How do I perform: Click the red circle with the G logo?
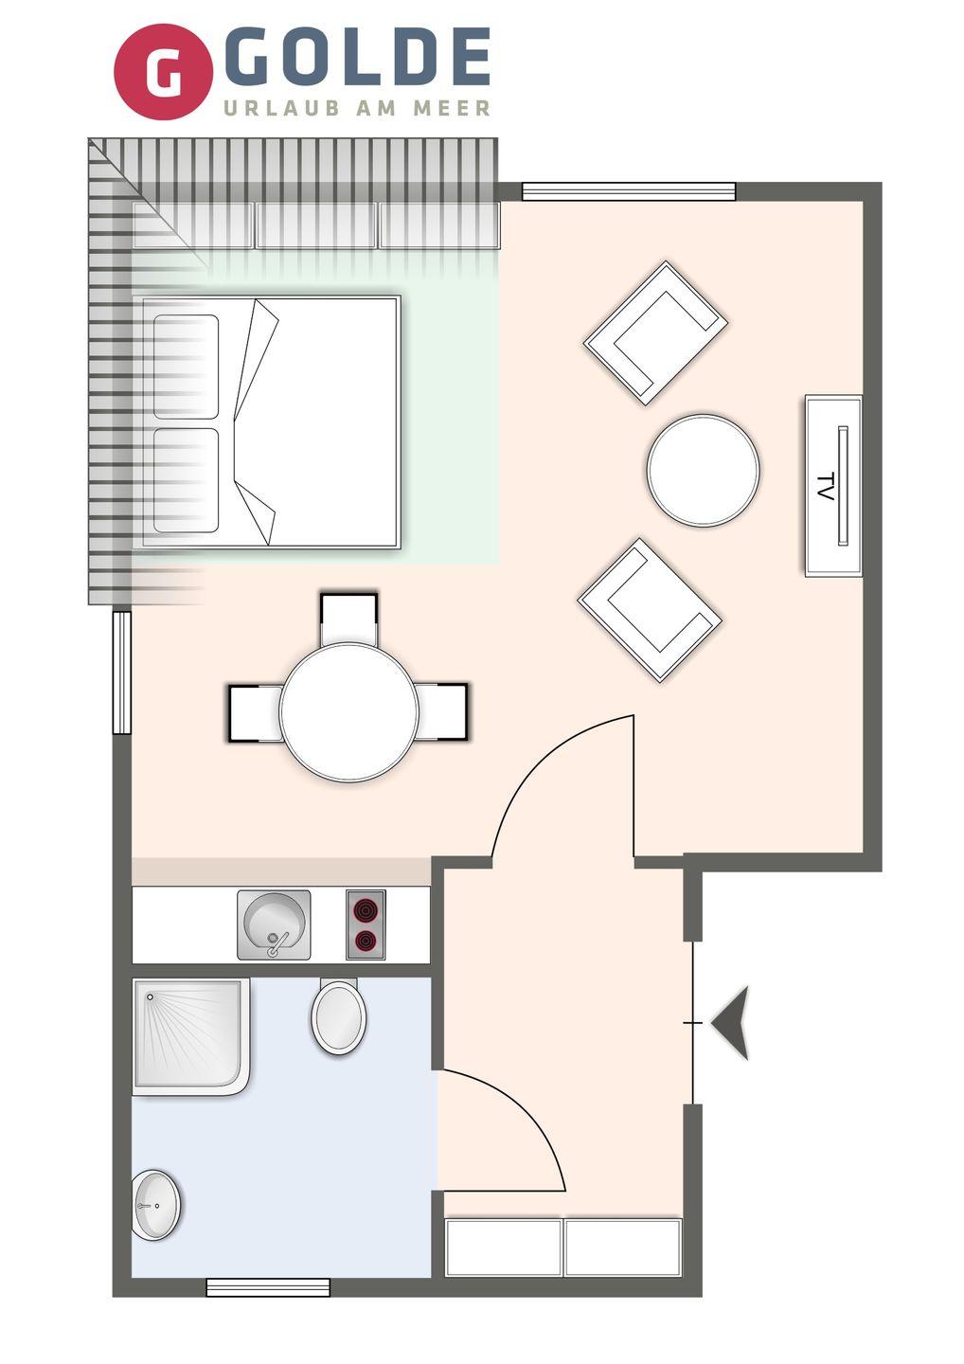163,72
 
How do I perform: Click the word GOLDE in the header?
356,57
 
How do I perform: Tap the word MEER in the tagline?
452,108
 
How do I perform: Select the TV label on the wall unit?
825,487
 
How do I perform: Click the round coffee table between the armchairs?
703,470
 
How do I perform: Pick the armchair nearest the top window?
655,333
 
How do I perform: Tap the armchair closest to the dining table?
650,610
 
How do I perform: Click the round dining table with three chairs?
349,712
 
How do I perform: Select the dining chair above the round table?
348,619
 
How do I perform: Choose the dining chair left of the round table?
256,713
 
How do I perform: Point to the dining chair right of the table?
442,712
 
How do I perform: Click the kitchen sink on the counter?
274,924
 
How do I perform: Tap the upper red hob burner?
366,911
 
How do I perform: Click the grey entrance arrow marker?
730,1023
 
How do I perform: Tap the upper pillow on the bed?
187,368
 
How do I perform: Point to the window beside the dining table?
122,673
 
